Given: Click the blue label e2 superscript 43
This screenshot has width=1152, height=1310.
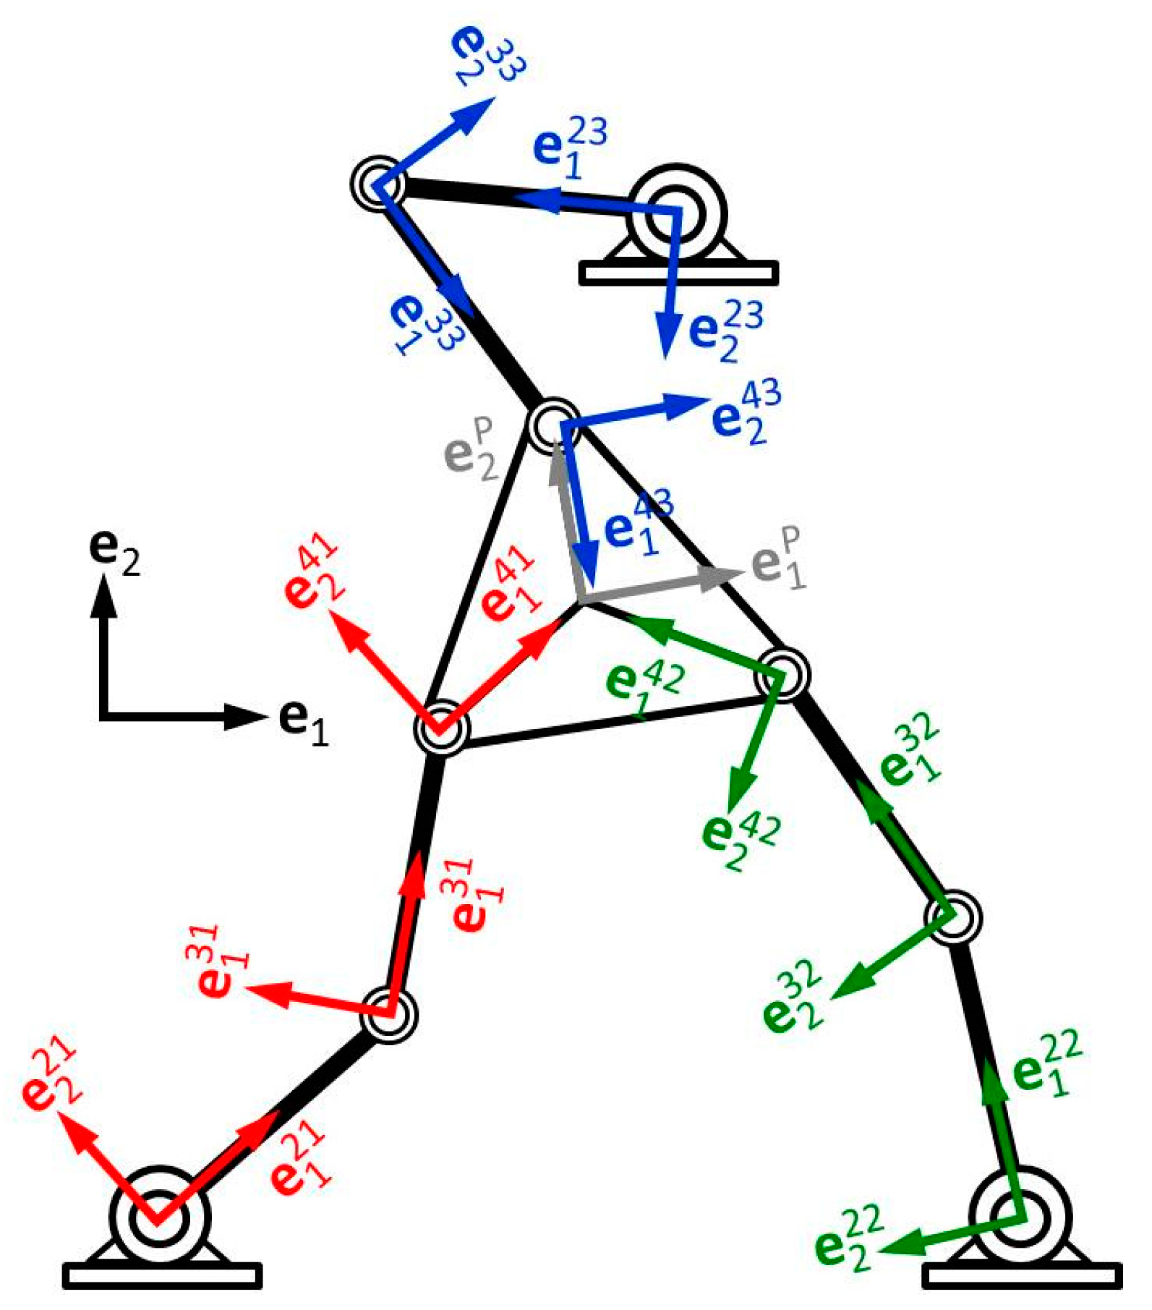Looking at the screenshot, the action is [x=745, y=413].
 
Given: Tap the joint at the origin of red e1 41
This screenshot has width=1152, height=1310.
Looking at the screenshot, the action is [x=440, y=728].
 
